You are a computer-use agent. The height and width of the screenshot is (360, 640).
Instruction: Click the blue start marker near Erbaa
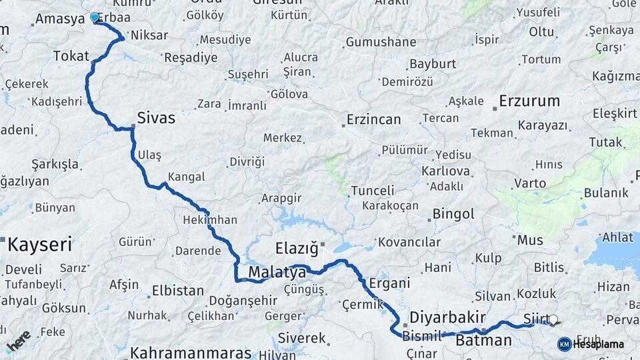tap(94, 18)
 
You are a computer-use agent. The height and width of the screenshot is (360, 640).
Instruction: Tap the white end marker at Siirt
tap(553, 320)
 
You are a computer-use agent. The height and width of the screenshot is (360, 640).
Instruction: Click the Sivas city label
tap(156, 119)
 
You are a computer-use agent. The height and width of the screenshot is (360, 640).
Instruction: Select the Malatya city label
tap(277, 272)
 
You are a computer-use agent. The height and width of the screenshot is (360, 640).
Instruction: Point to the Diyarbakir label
tap(447, 317)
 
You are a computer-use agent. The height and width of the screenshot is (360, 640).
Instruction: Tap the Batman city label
tap(484, 341)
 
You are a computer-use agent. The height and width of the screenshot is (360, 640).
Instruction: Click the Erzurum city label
tap(529, 102)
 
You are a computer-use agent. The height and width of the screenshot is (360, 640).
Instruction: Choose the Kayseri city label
tap(39, 245)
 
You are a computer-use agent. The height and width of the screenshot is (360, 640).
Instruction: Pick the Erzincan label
tap(373, 120)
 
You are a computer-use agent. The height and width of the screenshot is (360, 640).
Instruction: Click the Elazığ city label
tap(297, 249)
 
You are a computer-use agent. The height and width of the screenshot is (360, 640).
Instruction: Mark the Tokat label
tap(71, 56)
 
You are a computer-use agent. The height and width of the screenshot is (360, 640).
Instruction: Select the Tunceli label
tap(373, 191)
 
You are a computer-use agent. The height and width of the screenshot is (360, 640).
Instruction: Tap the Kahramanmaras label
tap(191, 353)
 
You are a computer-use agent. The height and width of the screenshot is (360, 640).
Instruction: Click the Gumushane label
tap(381, 43)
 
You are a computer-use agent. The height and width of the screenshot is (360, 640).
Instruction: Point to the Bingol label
tap(453, 214)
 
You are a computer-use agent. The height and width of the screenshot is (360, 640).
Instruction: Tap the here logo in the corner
tap(18, 341)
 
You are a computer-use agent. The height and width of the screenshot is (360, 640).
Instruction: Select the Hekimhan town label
tap(209, 220)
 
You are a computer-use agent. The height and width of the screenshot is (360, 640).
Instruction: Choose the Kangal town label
tap(187, 177)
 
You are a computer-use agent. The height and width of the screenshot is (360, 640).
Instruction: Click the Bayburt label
tap(433, 64)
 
